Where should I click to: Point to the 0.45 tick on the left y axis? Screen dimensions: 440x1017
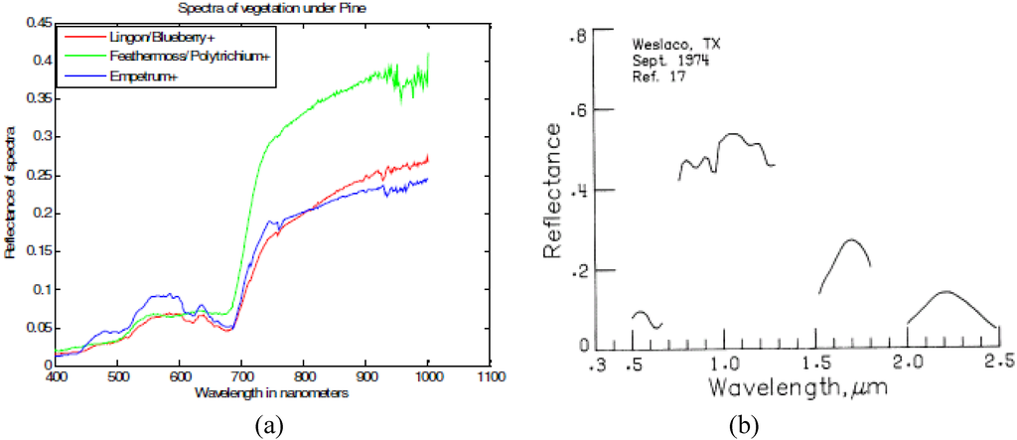tap(37, 22)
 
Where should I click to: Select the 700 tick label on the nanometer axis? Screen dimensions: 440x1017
tap(241, 377)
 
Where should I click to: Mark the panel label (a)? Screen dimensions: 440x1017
tap(267, 425)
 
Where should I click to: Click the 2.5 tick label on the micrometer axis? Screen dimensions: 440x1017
tap(1000, 360)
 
